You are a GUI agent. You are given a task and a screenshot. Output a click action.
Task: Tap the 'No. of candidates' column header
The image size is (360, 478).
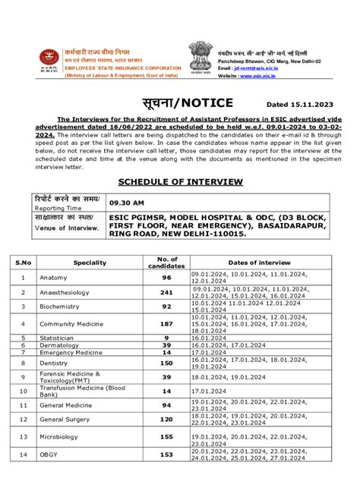pyautogui.click(x=166, y=262)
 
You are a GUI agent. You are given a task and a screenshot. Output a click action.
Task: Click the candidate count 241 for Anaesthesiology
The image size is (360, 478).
pyautogui.click(x=166, y=292)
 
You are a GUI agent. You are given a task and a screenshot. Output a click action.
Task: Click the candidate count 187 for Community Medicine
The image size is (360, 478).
pyautogui.click(x=166, y=324)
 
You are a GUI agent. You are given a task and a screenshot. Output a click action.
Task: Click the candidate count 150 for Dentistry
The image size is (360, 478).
pyautogui.click(x=166, y=363)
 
